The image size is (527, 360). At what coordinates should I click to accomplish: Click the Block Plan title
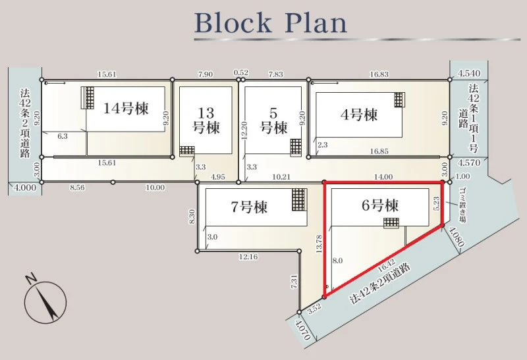coord(271,23)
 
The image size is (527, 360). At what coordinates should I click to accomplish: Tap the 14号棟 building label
coord(126,109)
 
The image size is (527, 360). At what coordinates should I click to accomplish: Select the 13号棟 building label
coord(206,120)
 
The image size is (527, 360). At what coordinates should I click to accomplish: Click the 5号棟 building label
coord(274,120)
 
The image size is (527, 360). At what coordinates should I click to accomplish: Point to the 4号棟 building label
coord(359,115)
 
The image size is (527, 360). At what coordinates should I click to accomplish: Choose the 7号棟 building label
coord(249,207)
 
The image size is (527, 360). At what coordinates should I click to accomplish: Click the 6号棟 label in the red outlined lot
coord(380,205)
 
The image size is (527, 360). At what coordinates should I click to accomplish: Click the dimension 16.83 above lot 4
coord(379,74)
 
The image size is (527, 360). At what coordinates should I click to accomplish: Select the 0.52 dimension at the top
coord(241,72)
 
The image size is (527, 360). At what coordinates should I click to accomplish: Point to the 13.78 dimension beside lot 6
coord(319,244)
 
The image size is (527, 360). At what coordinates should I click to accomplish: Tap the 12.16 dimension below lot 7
coord(248,257)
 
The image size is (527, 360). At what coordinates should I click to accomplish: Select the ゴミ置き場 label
coord(463,205)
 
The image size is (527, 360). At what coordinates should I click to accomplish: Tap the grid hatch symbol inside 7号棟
coord(299,199)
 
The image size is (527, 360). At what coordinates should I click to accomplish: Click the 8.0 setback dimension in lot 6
coord(337,260)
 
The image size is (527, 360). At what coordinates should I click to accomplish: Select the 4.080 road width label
coord(456,237)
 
